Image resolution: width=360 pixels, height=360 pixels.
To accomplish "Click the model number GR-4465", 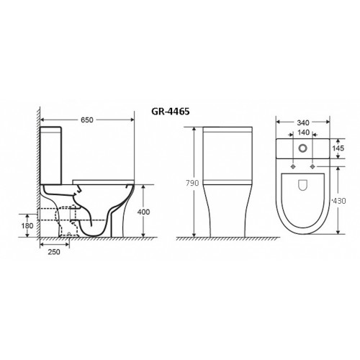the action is [171, 112].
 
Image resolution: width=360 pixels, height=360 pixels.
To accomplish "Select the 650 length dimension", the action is [87, 120].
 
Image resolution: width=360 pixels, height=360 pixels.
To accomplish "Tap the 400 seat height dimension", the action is [143, 212].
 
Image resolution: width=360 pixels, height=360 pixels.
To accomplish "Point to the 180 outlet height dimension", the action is [27, 226].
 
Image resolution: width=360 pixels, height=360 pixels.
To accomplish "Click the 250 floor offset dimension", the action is [54, 252].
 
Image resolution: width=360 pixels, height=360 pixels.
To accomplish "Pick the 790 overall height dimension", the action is [192, 183].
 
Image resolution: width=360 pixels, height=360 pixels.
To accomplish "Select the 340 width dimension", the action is [303, 122].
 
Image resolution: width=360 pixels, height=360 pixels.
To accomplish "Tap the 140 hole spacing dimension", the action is [303, 132].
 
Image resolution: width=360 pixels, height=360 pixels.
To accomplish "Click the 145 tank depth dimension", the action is [338, 148].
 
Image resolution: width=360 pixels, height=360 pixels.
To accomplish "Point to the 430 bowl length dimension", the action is [339, 201].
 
